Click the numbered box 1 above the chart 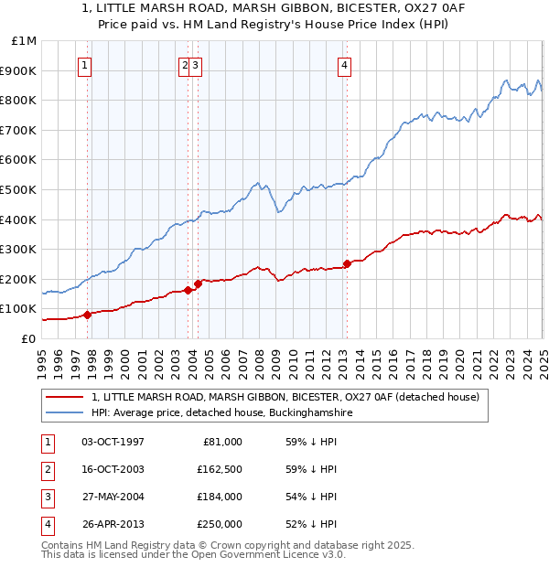(84, 64)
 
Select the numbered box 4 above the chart (344, 64)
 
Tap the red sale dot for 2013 (347, 264)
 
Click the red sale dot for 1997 (88, 315)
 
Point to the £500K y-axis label (19, 189)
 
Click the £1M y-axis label (25, 41)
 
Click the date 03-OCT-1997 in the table (113, 442)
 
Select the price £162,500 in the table (219, 469)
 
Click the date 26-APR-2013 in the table (113, 524)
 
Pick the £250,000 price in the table (219, 524)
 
